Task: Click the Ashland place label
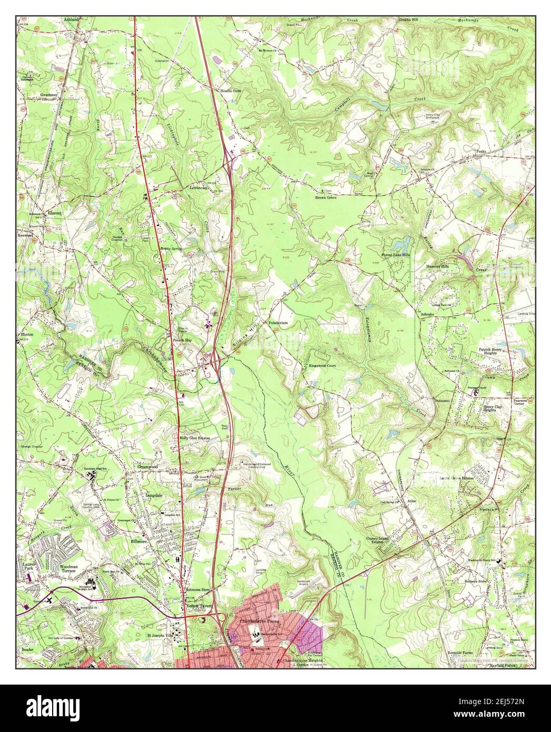(71, 19)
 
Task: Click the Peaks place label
(480, 151)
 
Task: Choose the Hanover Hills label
(440, 266)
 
